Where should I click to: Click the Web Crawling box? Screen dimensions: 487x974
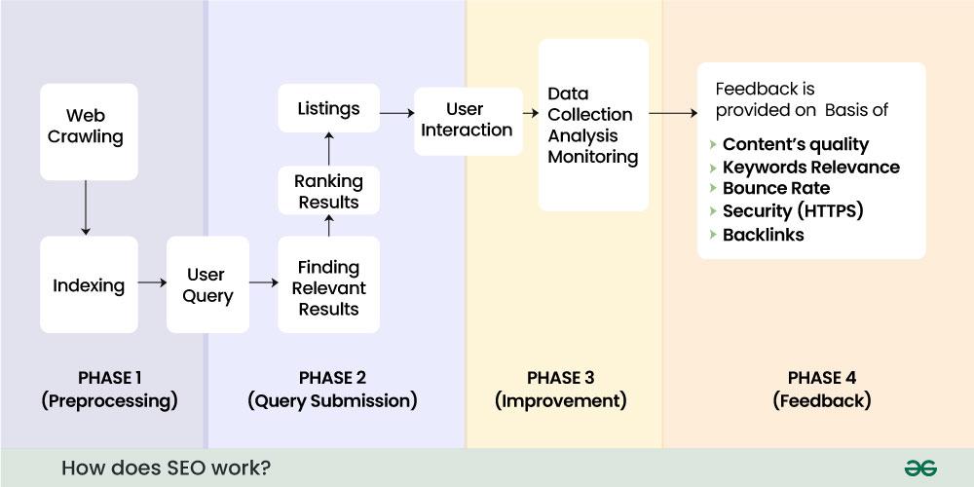point(88,131)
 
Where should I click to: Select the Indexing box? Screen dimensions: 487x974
point(88,284)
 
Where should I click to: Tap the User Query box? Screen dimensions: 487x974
point(206,284)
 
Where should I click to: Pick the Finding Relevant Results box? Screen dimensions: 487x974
point(328,287)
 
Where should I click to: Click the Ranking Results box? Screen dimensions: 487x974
point(328,191)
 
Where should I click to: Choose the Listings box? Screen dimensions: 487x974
point(328,109)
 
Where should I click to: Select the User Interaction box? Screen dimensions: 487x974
point(467,120)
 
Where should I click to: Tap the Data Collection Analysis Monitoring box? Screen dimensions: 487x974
point(592,125)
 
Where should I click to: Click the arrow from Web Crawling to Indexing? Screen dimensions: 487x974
point(86,207)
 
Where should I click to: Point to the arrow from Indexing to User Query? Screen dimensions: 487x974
point(152,282)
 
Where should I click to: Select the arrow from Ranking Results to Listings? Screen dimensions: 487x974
point(328,149)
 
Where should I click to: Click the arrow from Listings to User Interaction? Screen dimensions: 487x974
point(396,114)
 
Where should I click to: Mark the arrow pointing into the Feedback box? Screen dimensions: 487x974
point(672,114)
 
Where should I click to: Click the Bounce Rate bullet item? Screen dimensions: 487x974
point(775,188)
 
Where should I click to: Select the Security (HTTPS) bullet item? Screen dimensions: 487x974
point(792,210)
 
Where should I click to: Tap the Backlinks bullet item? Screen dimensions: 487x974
point(763,234)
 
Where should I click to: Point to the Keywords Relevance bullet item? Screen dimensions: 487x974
point(810,167)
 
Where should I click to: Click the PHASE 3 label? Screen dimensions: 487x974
point(560,378)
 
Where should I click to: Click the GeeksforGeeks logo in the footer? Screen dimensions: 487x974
point(919,468)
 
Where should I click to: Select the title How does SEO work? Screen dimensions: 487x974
point(166,468)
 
